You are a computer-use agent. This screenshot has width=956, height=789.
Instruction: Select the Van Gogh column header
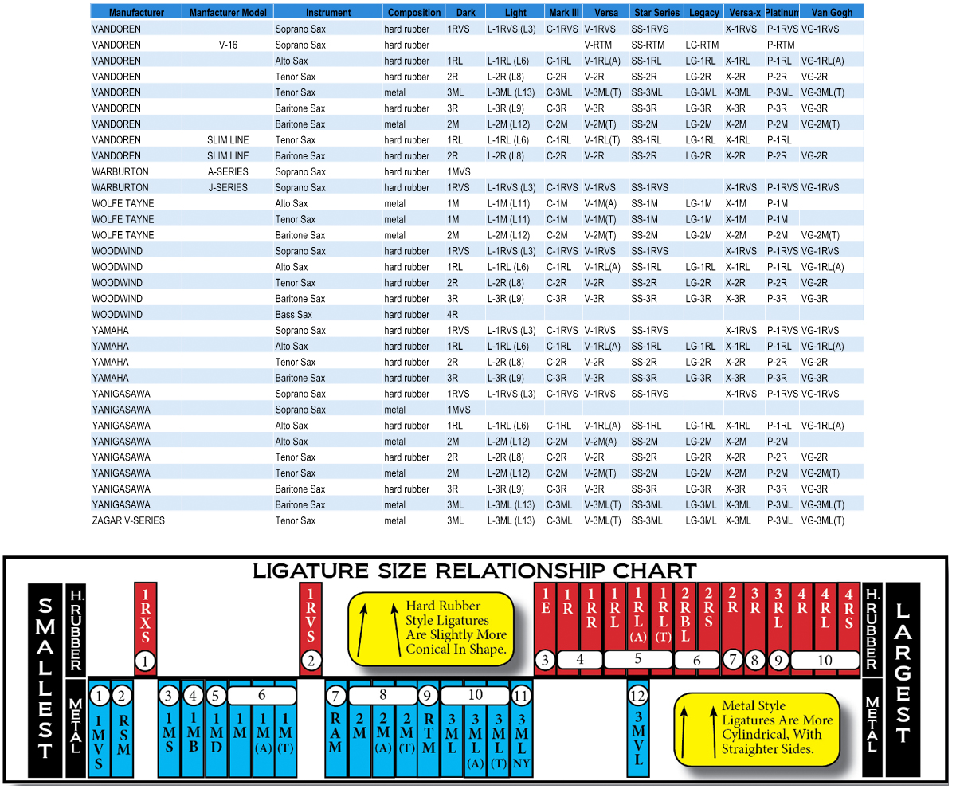831,13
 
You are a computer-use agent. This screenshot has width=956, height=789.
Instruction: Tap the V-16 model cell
228,45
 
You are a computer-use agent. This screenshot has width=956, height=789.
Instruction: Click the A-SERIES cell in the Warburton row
228,171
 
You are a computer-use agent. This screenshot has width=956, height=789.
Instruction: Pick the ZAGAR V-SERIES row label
128,520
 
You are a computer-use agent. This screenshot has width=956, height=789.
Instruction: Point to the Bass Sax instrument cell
293,315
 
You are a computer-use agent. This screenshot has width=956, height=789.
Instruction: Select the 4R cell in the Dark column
453,315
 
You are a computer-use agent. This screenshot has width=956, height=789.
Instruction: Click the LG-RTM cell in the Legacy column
702,45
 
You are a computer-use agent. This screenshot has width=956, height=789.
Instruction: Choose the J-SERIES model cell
228,187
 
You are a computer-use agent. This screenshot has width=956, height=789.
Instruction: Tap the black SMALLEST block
45,679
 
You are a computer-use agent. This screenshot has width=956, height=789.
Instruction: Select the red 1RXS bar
144,618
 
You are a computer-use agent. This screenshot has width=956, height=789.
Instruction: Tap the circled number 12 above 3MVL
638,696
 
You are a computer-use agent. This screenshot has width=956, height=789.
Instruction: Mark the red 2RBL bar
685,618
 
